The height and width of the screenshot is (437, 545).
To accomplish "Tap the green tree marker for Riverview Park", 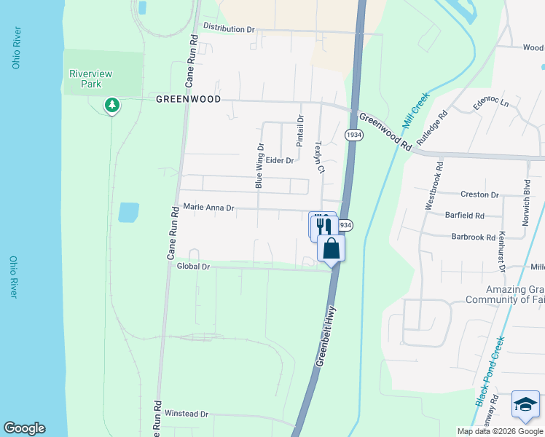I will [x=111, y=106].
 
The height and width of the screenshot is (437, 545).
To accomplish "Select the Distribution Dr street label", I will [x=229, y=28].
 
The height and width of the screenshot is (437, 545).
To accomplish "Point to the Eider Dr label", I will [x=279, y=160].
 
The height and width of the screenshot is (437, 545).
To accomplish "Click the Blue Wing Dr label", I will [x=259, y=166].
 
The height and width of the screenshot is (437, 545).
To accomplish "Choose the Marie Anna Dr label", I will [x=208, y=208].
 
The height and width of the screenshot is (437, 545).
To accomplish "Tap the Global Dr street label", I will [x=193, y=267].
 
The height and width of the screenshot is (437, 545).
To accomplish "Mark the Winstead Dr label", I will [x=187, y=414].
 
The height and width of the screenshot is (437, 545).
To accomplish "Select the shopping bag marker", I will [x=331, y=248].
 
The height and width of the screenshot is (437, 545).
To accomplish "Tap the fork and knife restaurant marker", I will [x=323, y=225].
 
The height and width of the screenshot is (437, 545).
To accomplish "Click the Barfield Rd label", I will [x=464, y=216].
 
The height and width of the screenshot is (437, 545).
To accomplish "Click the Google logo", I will [x=24, y=428].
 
